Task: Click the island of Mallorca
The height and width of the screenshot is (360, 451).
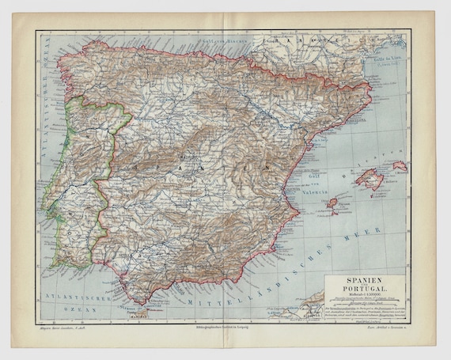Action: pos(371,179)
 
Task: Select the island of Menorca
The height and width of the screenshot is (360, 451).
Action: pos(400,167)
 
